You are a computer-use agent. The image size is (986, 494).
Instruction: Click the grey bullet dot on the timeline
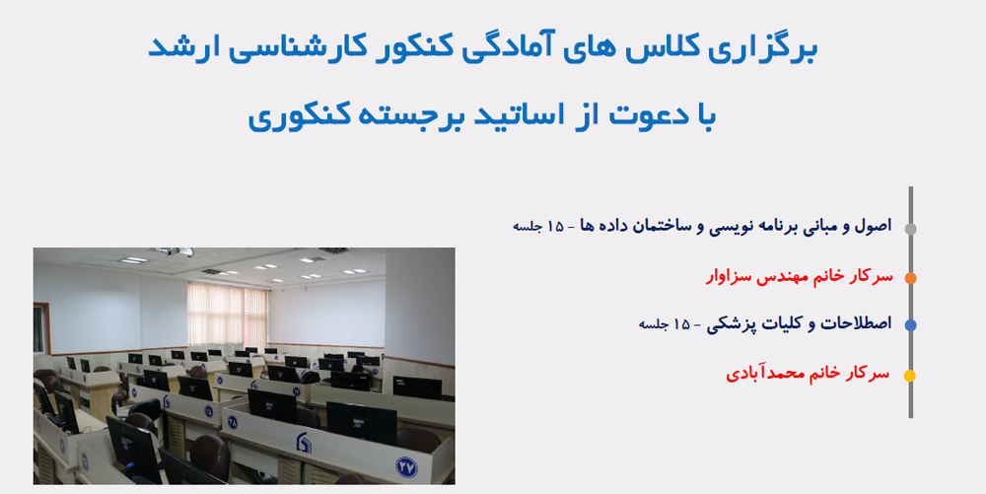(910, 229)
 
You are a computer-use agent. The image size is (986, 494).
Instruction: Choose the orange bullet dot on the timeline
(910, 278)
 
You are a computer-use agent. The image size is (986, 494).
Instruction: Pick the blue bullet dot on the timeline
(910, 325)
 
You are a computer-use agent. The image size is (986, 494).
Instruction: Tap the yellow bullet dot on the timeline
(910, 376)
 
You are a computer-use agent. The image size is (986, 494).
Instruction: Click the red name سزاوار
(727, 277)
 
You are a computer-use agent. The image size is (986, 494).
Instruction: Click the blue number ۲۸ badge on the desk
(233, 421)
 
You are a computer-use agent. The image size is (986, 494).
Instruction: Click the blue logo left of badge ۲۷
(303, 443)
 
